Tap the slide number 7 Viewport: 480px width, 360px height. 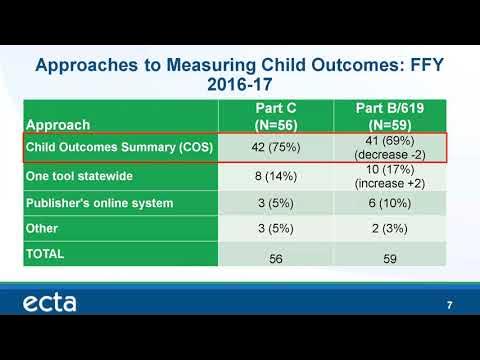[x=449, y=305]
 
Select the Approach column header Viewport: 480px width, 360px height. [x=62, y=125]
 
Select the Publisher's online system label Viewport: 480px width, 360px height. [x=99, y=203]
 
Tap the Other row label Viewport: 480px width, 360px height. [x=43, y=229]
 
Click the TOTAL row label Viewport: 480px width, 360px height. [x=46, y=254]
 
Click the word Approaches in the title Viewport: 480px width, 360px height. [x=87, y=67]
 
